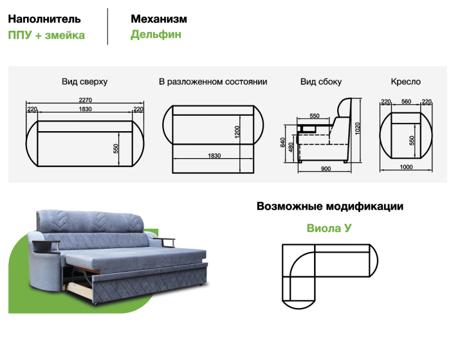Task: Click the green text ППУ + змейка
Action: [46, 35]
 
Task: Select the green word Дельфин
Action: [156, 35]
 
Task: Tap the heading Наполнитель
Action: [44, 19]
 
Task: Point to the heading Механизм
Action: [159, 19]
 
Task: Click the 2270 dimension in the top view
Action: [86, 100]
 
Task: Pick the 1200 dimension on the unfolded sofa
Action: [237, 132]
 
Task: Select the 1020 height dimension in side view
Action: [358, 129]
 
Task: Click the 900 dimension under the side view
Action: [326, 168]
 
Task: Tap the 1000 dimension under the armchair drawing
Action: [406, 167]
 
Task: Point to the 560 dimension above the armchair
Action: [406, 102]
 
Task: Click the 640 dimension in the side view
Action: [282, 142]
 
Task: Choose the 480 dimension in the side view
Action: [291, 147]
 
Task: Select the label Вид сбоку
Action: [321, 82]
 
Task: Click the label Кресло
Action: [405, 82]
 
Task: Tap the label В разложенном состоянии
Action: [213, 82]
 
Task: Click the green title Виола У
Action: [329, 228]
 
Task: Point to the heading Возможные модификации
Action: [330, 206]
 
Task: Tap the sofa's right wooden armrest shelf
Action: [164, 241]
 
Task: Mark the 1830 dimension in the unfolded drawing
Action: [214, 156]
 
